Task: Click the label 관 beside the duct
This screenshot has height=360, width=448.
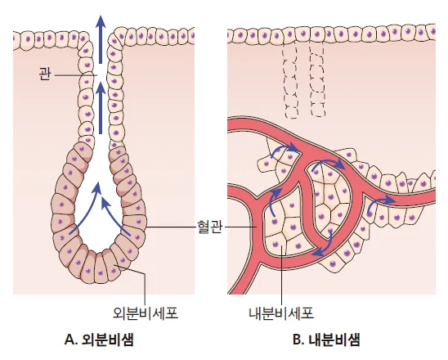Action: [45, 74]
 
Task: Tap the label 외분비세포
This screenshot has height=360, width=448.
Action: [146, 313]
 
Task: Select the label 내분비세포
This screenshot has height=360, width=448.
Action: [281, 313]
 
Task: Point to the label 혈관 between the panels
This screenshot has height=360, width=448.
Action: [210, 227]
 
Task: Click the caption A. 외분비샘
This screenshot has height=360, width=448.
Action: [100, 340]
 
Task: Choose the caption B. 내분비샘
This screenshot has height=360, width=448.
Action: [326, 340]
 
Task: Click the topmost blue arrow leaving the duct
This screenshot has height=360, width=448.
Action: [101, 39]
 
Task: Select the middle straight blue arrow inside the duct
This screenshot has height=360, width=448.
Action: [101, 108]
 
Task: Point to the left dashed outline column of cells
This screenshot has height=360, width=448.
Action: [290, 82]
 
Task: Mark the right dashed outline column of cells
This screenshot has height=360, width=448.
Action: [317, 80]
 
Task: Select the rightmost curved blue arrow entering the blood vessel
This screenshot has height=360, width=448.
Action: [380, 204]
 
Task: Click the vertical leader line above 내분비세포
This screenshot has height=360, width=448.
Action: [282, 275]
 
